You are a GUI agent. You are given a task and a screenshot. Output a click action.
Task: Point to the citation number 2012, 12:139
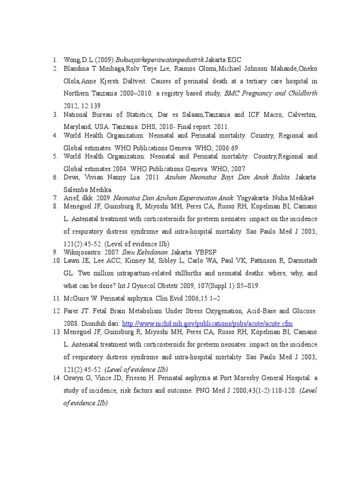82,106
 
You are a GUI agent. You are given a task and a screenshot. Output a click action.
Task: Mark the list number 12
57,311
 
